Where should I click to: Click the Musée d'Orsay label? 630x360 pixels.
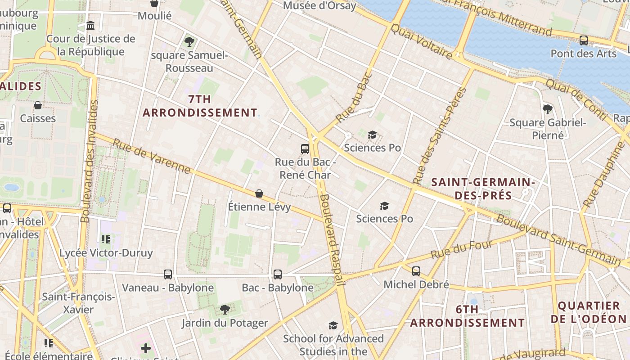click(x=319, y=6)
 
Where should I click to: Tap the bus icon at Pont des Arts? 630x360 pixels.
click(x=584, y=40)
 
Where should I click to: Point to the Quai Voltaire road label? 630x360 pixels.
click(x=421, y=41)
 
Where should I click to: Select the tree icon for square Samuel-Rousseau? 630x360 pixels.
click(x=189, y=42)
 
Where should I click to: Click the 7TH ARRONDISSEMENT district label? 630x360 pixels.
click(x=200, y=106)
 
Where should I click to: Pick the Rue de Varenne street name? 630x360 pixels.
click(x=152, y=156)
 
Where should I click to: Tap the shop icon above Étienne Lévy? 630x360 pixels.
click(x=259, y=193)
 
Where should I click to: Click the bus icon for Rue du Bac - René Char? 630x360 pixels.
click(x=305, y=148)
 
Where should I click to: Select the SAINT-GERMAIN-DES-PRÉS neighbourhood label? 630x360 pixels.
click(x=483, y=189)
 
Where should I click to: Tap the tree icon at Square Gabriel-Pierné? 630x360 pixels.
click(x=548, y=109)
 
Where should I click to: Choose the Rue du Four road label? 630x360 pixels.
click(x=462, y=250)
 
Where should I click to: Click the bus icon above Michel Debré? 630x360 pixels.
click(x=416, y=271)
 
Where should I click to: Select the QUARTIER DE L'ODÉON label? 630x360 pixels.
click(x=589, y=312)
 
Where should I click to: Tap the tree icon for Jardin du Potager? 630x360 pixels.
click(x=225, y=310)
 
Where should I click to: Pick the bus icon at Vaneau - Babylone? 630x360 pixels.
click(x=168, y=274)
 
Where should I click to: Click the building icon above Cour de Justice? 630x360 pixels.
click(x=90, y=25)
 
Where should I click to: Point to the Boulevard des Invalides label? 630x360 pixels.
click(x=89, y=161)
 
